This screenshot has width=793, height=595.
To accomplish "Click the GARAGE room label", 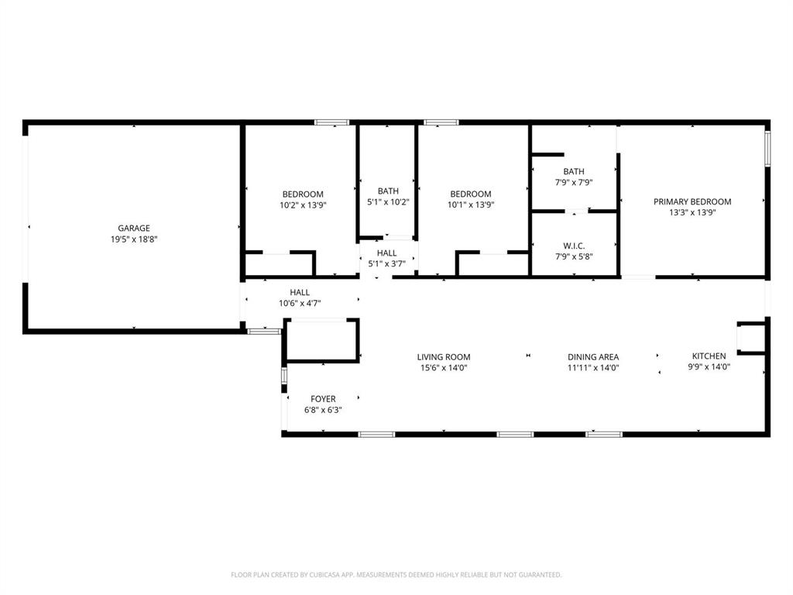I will tap(133, 229).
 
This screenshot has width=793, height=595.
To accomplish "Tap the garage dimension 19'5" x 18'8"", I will tap(133, 239).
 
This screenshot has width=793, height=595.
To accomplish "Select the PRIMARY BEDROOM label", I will tap(692, 201).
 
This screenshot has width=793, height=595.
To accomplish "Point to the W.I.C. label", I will tap(574, 246).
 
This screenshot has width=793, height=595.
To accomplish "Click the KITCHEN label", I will tap(709, 356).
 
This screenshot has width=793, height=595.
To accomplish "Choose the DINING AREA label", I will tap(592, 357).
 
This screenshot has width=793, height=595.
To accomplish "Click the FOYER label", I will tap(323, 399).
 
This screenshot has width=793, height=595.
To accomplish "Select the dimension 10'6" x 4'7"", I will tap(300, 304).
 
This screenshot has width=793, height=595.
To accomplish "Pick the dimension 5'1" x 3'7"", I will tap(387, 264).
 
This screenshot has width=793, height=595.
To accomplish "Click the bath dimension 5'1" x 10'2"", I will tap(388, 202).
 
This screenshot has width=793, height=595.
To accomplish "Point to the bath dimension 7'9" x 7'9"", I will tap(574, 183).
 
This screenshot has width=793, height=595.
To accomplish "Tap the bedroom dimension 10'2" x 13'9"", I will tap(303, 205).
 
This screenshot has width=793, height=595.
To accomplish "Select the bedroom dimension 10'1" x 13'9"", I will tap(471, 205).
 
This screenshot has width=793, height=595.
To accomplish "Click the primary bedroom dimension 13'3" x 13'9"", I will tap(692, 212).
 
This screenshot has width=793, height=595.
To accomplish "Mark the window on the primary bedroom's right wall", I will tap(767, 148).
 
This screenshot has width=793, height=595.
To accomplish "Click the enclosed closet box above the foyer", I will tap(321, 340).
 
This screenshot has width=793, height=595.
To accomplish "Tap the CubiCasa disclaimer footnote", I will tap(396, 575).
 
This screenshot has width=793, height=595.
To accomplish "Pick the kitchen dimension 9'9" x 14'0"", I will tap(709, 367).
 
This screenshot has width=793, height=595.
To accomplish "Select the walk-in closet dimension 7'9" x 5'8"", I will tap(574, 256).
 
